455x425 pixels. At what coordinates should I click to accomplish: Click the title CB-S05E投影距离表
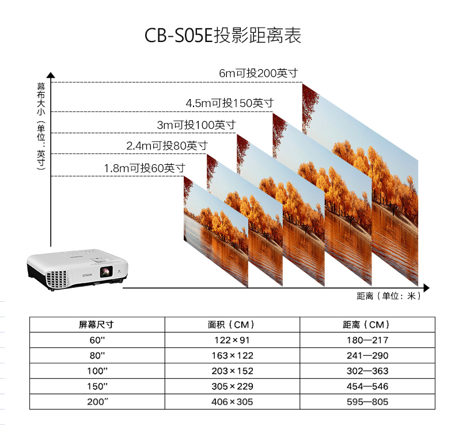tap(222, 36)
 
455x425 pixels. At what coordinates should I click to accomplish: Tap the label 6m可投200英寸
tap(258, 74)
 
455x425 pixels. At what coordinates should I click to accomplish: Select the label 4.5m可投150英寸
tap(229, 103)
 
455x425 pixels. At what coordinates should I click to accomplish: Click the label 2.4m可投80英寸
tap(167, 146)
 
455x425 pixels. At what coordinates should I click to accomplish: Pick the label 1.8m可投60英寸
tap(145, 168)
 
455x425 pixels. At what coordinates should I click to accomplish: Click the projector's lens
tap(105, 272)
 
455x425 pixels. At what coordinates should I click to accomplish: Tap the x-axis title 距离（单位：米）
tap(389, 297)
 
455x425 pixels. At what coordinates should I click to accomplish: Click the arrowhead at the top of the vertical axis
tap(51, 75)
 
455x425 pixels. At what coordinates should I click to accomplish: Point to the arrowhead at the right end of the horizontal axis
tap(426, 287)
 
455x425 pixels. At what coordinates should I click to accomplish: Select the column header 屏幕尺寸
tap(97, 325)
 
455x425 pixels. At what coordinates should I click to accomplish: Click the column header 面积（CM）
tap(232, 325)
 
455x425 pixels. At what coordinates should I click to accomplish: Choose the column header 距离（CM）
tap(367, 325)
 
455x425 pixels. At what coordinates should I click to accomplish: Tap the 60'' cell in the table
tap(97, 340)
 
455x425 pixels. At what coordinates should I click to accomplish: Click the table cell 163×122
tap(232, 356)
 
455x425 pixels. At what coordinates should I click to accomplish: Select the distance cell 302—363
tap(367, 371)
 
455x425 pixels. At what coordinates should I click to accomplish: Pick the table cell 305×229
tap(232, 386)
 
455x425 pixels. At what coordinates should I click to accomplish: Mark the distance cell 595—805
tap(367, 402)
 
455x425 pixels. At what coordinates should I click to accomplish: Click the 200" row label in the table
tap(97, 402)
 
